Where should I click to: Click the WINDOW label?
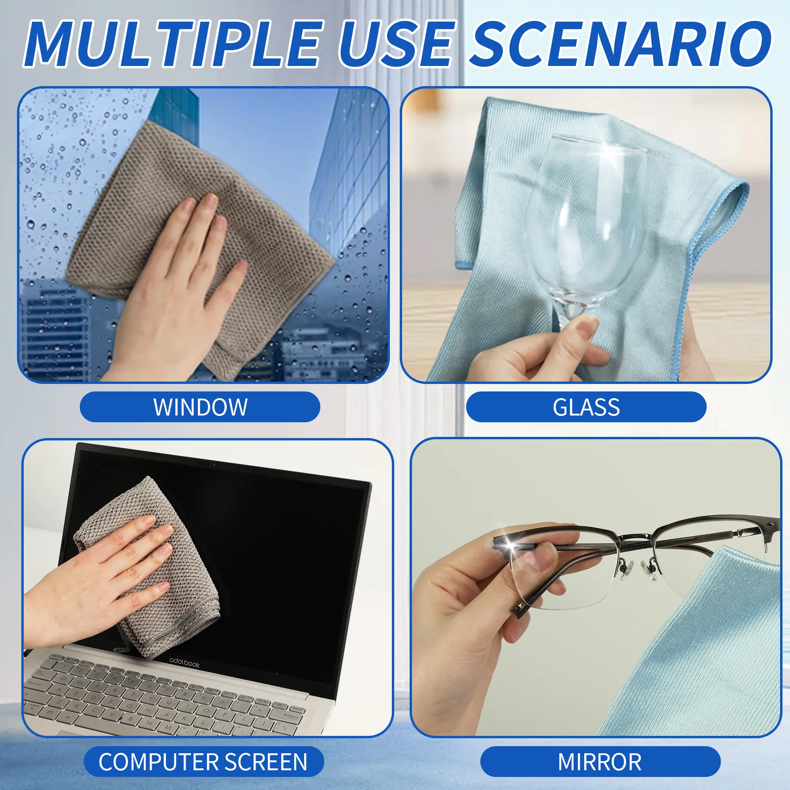[x=200, y=407]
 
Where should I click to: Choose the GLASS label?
[x=586, y=407]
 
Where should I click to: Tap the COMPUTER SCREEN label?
[x=203, y=762]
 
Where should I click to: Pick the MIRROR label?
[x=600, y=762]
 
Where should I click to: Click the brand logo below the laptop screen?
[x=184, y=663]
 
